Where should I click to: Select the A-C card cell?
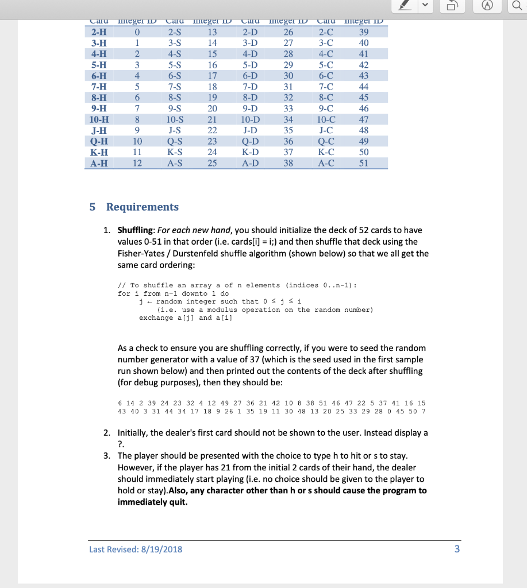point(326,163)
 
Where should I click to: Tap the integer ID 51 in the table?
point(363,163)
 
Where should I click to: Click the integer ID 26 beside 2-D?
point(288,32)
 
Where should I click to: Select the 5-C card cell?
point(326,65)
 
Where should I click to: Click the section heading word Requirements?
point(142,207)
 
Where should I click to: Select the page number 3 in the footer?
point(457,549)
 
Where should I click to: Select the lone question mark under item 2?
point(120,443)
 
